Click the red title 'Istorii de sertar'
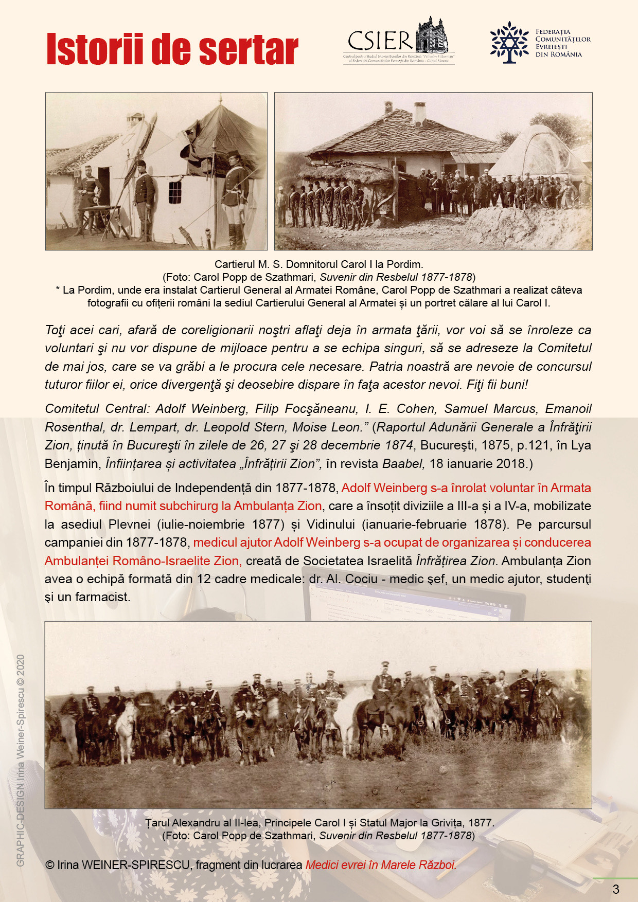tap(172, 50)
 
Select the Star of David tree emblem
tap(509, 42)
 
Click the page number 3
tap(616, 889)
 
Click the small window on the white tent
tap(175, 192)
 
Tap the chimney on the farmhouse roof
tap(420, 113)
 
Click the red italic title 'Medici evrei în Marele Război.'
tap(381, 865)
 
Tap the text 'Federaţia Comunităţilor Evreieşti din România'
tap(562, 43)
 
